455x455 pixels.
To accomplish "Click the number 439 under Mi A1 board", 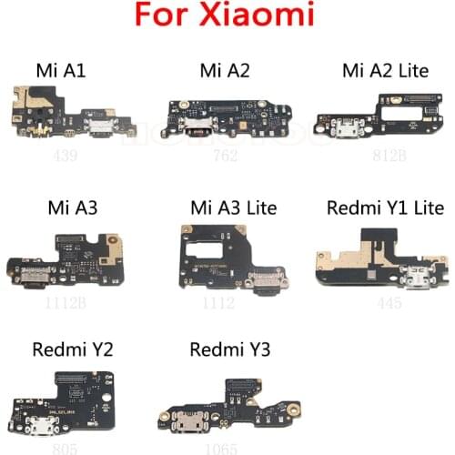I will coord(66,155).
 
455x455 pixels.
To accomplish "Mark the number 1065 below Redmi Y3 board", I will coord(217,447).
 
